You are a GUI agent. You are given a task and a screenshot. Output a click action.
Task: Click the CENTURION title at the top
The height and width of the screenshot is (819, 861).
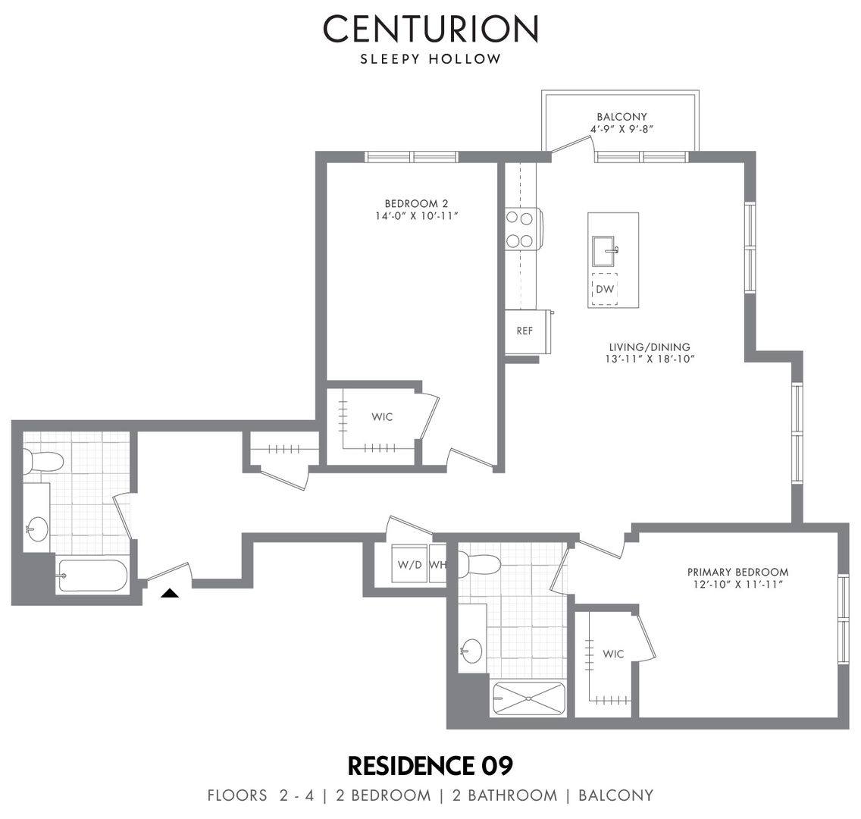coord(430,29)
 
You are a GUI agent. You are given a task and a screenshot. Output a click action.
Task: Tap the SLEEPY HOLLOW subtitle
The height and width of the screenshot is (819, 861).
coord(430,59)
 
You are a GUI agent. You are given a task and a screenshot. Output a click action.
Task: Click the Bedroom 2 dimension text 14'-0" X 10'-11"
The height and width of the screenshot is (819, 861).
coord(417,216)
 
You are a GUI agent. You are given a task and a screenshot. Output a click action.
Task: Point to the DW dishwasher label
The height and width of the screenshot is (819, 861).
coord(605,289)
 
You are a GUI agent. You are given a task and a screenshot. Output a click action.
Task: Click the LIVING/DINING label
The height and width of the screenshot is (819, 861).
coord(650,347)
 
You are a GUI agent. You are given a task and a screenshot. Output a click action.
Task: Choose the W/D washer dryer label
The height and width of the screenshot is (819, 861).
coord(409,564)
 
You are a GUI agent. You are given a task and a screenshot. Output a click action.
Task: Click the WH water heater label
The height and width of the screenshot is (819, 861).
coord(437,564)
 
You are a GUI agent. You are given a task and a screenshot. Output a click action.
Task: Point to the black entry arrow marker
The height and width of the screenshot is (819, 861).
coord(171,593)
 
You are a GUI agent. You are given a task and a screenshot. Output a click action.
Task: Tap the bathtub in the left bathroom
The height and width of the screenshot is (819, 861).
coord(92,575)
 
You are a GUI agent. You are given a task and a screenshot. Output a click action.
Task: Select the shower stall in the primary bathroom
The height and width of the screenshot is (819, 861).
coord(529,698)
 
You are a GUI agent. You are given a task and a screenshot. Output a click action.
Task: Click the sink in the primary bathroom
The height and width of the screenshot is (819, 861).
coord(471,651)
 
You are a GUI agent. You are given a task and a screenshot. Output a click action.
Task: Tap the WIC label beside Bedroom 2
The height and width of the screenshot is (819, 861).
coord(382,417)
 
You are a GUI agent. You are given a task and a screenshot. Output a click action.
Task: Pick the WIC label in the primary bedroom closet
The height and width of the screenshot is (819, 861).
coord(613,654)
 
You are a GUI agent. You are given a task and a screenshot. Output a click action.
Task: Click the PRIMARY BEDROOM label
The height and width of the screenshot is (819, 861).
coord(738,572)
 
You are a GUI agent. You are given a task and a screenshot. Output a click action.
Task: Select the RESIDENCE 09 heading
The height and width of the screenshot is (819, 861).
coord(430,766)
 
